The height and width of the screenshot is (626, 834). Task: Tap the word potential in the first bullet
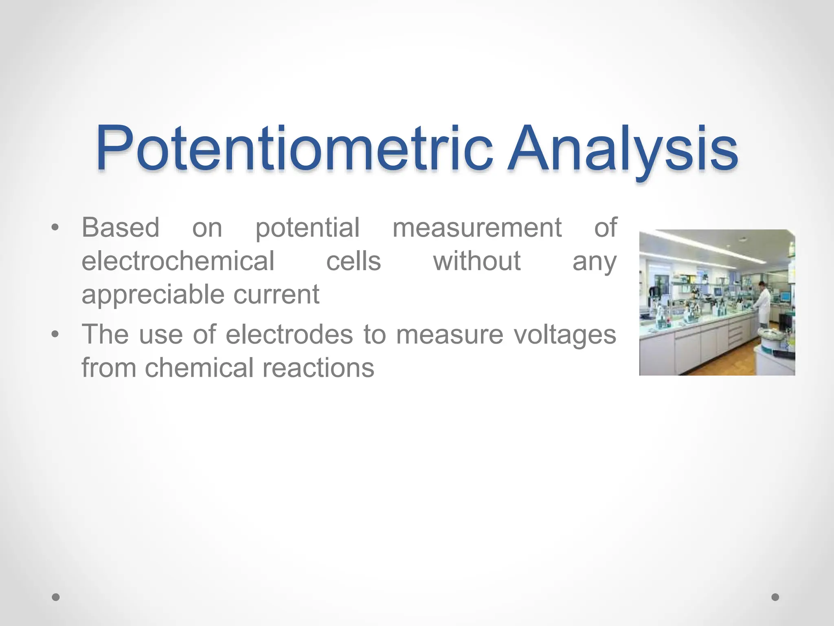click(x=307, y=228)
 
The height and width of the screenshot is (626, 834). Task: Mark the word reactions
click(x=318, y=368)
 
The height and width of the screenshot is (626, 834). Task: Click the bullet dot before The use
click(x=55, y=335)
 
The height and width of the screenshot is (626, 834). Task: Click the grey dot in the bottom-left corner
click(x=56, y=597)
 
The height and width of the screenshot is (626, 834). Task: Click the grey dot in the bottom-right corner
click(x=775, y=597)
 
